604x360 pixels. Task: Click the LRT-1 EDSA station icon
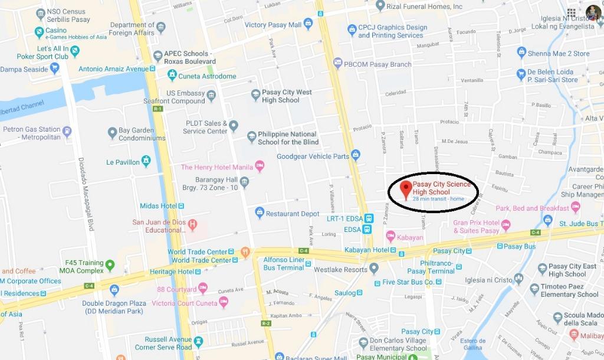pos(369,218)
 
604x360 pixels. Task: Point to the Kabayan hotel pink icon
pos(390,236)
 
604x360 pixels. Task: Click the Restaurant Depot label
pos(293,214)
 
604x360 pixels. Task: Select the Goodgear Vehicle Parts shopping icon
pos(356,155)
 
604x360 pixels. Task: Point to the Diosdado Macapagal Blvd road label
pos(86,192)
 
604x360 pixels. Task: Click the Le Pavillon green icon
pos(146,161)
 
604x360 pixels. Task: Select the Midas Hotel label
pos(158,206)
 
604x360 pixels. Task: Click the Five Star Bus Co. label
pos(416,282)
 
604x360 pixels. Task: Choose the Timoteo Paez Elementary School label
pos(570,290)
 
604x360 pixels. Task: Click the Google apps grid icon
pos(571,12)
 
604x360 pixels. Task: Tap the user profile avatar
pos(593,12)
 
